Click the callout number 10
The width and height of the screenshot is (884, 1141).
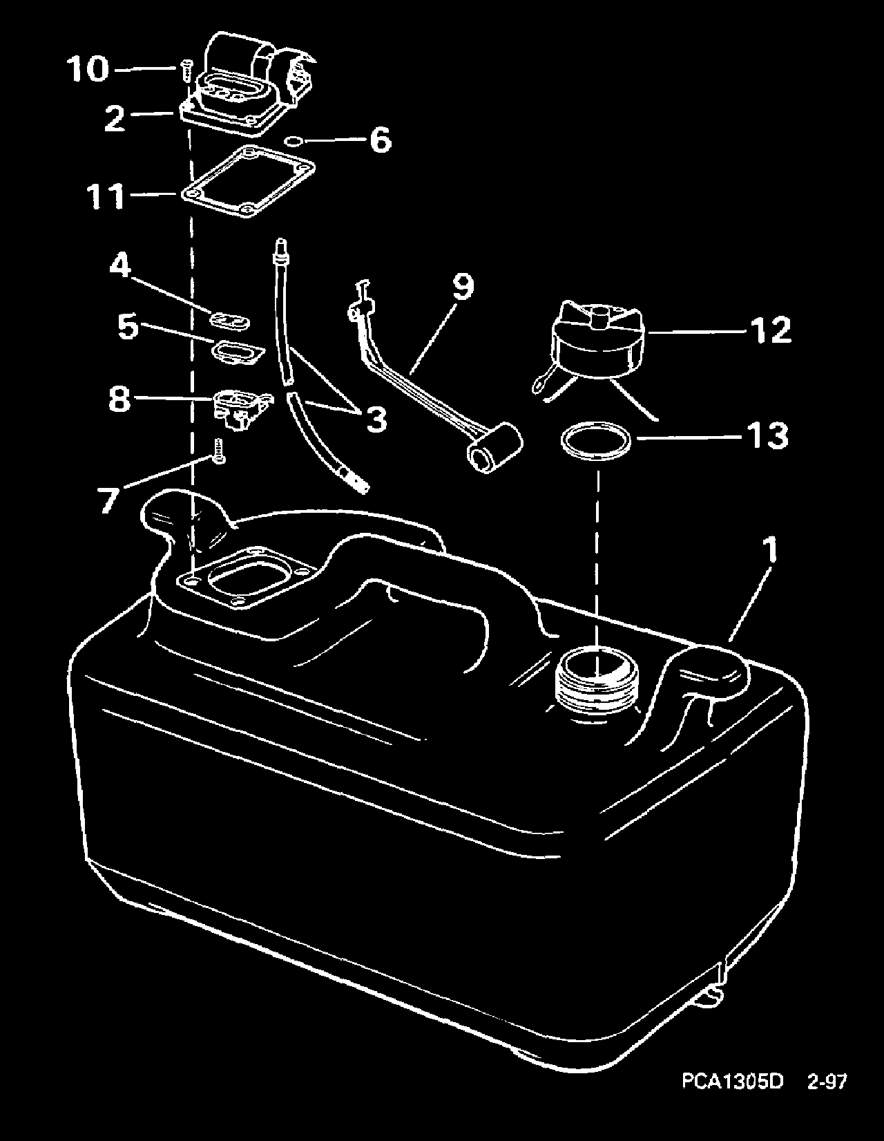88,69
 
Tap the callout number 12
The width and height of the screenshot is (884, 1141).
770,330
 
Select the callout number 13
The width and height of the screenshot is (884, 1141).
767,436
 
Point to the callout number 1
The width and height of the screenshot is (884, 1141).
770,551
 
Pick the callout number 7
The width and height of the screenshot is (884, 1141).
106,499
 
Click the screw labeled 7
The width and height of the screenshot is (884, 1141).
220,451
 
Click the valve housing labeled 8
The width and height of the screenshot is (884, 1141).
238,410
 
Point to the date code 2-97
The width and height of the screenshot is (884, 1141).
826,1100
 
